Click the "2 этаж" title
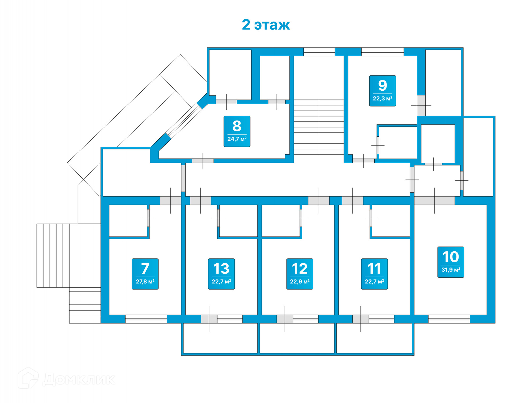[266, 25]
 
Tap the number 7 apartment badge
[145, 274]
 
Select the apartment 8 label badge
[237, 131]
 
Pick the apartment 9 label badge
[382, 91]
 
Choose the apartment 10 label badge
[451, 262]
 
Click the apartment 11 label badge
[374, 274]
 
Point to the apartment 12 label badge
[300, 274]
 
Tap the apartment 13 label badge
[221, 274]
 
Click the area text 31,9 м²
[451, 270]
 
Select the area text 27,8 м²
[145, 282]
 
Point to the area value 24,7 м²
[237, 139]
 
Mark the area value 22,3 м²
[382, 98]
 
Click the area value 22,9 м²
[300, 282]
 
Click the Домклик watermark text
[79, 379]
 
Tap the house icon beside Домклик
[28, 378]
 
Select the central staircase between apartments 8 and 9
[319, 127]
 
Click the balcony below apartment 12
[297, 338]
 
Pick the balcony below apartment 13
[220, 338]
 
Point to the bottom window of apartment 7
[146, 319]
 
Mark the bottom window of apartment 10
[449, 319]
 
